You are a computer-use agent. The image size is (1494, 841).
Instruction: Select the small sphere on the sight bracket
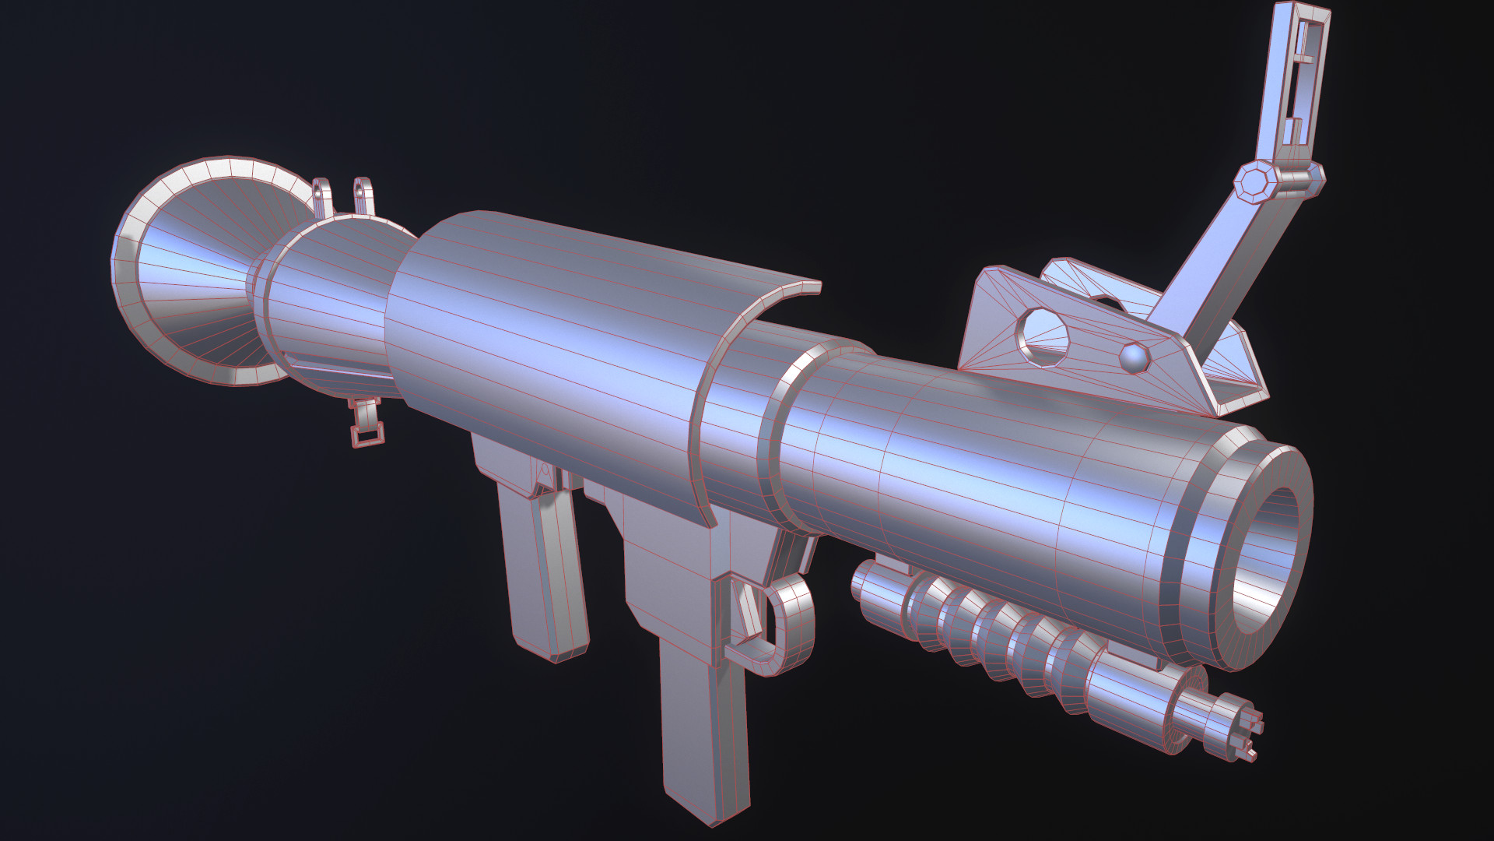pyautogui.click(x=1135, y=357)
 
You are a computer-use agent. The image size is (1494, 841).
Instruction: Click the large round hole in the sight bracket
pyautogui.click(x=1043, y=336)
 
